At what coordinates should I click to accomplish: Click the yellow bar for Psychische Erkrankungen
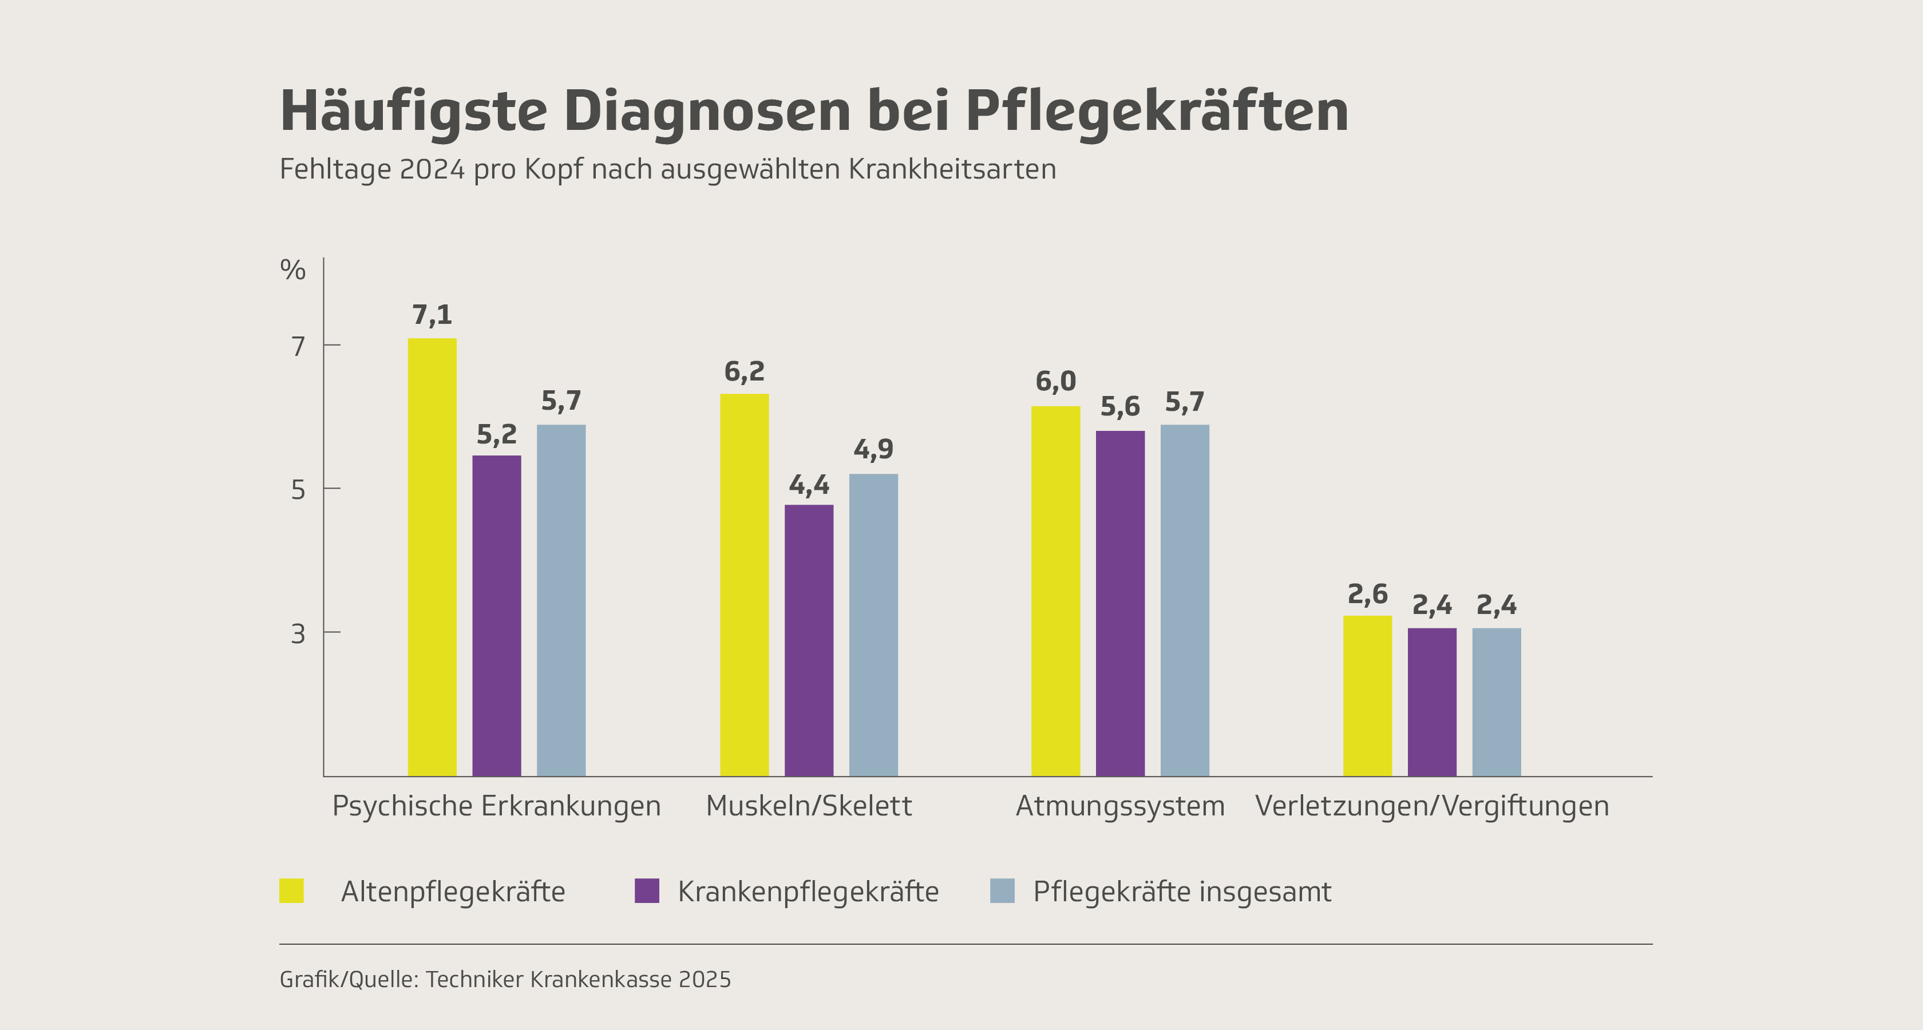tap(432, 557)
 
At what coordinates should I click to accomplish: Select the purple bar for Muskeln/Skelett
tap(809, 640)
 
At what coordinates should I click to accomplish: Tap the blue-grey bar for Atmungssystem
tap(1185, 600)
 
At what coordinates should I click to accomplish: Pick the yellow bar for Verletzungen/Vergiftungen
tap(1368, 696)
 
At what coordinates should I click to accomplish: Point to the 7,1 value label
tap(432, 315)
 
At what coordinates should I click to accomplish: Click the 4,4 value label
tap(809, 486)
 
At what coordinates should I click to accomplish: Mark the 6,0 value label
tap(1055, 382)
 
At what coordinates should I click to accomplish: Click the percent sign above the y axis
tap(292, 270)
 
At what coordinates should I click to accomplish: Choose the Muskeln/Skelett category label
tap(809, 806)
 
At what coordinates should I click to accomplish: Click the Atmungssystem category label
tap(1120, 806)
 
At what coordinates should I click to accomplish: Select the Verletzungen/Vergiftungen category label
tap(1432, 806)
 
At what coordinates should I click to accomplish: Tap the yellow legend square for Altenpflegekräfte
tap(292, 891)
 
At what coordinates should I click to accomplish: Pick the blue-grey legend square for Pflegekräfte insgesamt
tap(1002, 891)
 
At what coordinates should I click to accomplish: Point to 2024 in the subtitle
tap(432, 169)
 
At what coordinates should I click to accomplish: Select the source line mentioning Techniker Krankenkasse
tap(505, 979)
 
